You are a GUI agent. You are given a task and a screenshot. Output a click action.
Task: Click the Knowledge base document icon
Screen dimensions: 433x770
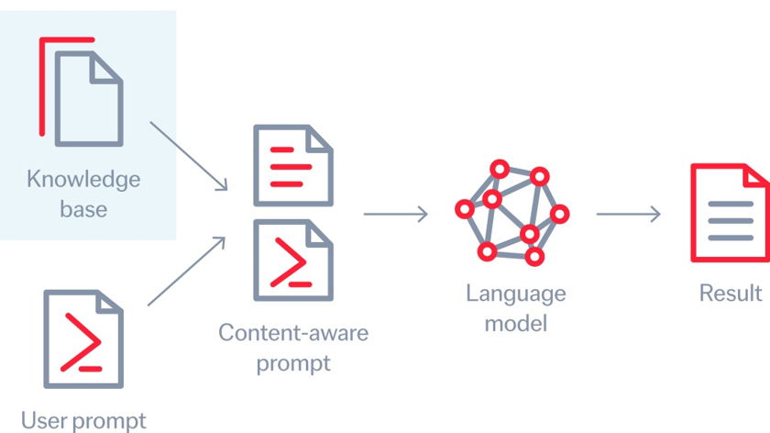tap(88, 99)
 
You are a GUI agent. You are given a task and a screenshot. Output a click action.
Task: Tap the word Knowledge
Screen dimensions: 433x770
tap(82, 178)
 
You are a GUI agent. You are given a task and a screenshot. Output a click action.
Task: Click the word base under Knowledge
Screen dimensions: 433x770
tap(83, 209)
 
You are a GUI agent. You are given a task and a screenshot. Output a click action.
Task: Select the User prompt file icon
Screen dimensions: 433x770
tap(83, 339)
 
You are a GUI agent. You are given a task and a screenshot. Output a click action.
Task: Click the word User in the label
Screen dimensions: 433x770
tap(42, 421)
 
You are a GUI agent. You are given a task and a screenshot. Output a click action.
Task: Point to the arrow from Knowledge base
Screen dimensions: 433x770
tap(188, 156)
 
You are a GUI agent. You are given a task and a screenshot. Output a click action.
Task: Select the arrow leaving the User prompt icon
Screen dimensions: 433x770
tap(186, 271)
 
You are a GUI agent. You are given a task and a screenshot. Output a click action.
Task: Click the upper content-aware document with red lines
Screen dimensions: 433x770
tap(292, 165)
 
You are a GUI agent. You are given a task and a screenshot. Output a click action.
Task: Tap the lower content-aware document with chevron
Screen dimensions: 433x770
tap(292, 261)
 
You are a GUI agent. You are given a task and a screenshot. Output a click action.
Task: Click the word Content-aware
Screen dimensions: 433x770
tap(292, 331)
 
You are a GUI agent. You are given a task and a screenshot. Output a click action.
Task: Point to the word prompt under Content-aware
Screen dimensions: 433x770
tap(292, 363)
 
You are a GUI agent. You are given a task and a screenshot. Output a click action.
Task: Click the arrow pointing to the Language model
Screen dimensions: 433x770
tap(395, 215)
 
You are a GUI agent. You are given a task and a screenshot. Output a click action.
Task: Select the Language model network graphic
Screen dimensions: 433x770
tap(511, 212)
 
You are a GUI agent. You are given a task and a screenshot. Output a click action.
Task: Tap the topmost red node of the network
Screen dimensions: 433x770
tap(499, 169)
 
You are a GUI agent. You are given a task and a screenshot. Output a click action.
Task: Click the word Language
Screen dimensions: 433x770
tap(515, 294)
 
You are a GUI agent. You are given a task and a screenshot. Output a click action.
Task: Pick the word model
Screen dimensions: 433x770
tap(515, 323)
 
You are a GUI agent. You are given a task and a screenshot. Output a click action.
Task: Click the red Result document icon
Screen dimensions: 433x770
tap(730, 214)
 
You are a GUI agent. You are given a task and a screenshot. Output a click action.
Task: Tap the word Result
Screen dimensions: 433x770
tap(730, 293)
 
